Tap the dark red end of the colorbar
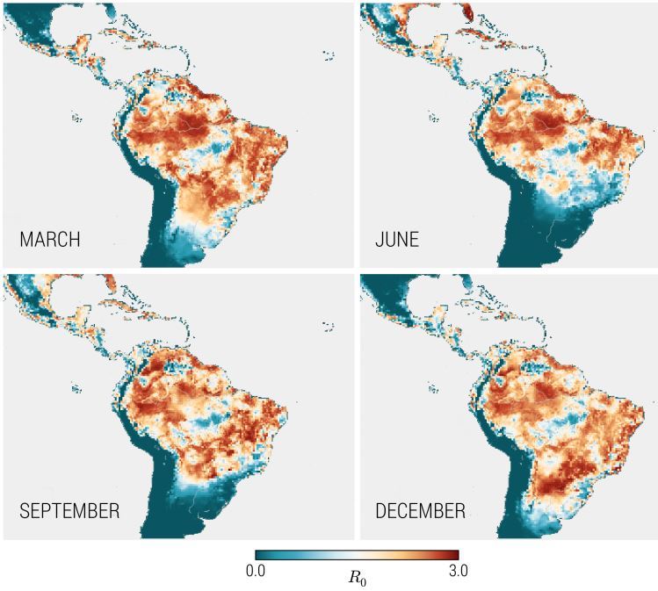pos(454,555)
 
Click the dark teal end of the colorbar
pos(259,555)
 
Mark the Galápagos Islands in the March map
pos(76,116)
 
